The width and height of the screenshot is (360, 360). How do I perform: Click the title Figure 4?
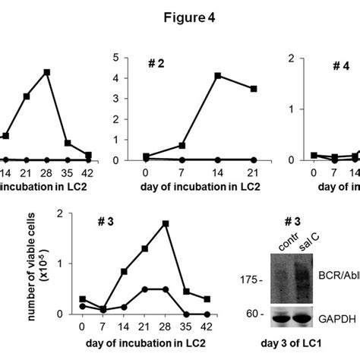pyautogui.click(x=179, y=22)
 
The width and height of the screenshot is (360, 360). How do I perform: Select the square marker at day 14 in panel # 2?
pyautogui.click(x=217, y=75)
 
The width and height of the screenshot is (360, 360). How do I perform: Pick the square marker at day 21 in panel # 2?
pyautogui.click(x=253, y=89)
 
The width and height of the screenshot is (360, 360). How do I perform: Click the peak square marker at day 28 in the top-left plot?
pyautogui.click(x=47, y=72)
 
